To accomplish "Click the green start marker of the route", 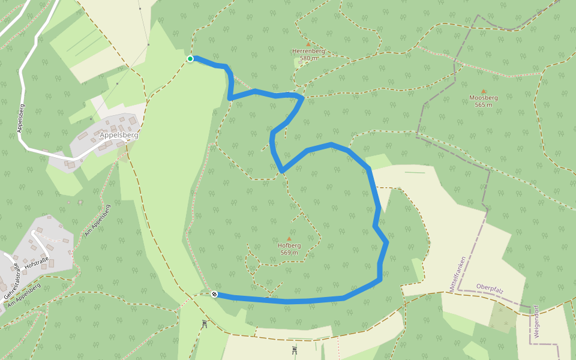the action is pyautogui.click(x=190, y=59).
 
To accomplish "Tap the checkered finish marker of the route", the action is pyautogui.click(x=214, y=294).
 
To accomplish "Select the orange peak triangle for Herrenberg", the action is pyautogui.click(x=308, y=44).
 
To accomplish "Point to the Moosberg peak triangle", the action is pyautogui.click(x=483, y=91).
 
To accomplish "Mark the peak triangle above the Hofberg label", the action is pyautogui.click(x=289, y=238).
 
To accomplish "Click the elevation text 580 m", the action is pyautogui.click(x=308, y=58).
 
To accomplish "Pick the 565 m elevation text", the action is pyautogui.click(x=483, y=105).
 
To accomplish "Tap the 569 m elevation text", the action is pyautogui.click(x=289, y=253).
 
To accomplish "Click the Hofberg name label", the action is pyautogui.click(x=289, y=245).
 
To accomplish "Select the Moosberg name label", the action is pyautogui.click(x=483, y=98).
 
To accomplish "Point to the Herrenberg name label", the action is pyautogui.click(x=308, y=51).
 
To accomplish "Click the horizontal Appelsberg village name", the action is pyautogui.click(x=119, y=136).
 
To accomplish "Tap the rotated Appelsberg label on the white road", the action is pyautogui.click(x=22, y=118).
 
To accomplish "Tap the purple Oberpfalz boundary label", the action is pyautogui.click(x=490, y=288).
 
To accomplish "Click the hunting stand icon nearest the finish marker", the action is pyautogui.click(x=205, y=324).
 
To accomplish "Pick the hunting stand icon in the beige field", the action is pyautogui.click(x=295, y=350).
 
